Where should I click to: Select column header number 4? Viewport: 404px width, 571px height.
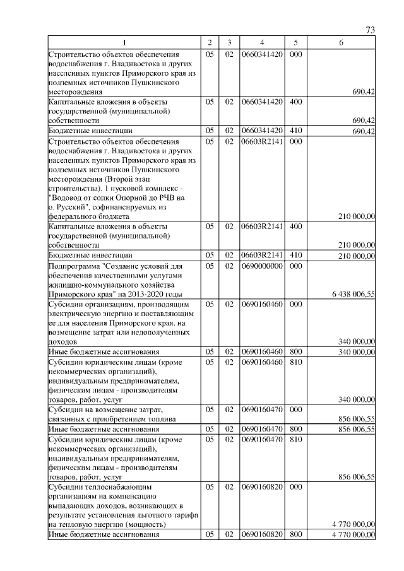coord(261,42)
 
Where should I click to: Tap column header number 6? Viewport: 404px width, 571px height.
coord(341,42)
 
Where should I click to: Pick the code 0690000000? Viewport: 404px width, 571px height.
coord(261,266)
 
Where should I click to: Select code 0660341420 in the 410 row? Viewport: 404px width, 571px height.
coord(261,130)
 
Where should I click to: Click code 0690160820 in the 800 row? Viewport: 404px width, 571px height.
coord(261,535)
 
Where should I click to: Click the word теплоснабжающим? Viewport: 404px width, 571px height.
coord(116,487)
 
